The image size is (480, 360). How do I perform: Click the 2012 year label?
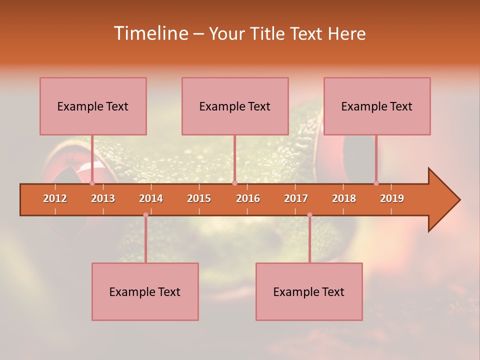pyautogui.click(x=55, y=198)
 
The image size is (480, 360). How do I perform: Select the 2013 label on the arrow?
pyautogui.click(x=103, y=198)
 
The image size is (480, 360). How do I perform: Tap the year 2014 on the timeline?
pyautogui.click(x=151, y=198)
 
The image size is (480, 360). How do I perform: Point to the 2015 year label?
pyautogui.click(x=199, y=198)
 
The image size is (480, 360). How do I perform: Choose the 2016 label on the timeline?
pyautogui.click(x=248, y=198)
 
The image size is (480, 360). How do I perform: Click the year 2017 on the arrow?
pyautogui.click(x=296, y=198)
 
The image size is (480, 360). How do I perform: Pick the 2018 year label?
pyautogui.click(x=344, y=198)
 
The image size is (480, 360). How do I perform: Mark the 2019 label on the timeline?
pyautogui.click(x=392, y=198)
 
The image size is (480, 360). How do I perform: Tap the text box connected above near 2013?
pyautogui.click(x=93, y=106)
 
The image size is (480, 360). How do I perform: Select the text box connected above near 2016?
pyautogui.click(x=235, y=106)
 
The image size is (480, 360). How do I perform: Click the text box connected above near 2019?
pyautogui.click(x=377, y=106)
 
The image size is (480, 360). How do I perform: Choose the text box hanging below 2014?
pyautogui.click(x=145, y=291)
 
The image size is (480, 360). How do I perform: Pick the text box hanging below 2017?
pyautogui.click(x=309, y=291)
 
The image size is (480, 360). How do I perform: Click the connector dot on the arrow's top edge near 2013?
pyautogui.click(x=92, y=183)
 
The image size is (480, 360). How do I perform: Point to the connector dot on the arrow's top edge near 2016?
pyautogui.click(x=234, y=183)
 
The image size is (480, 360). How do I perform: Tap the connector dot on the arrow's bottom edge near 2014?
pyautogui.click(x=145, y=215)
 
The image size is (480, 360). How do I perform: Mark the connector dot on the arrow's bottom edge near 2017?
pyautogui.click(x=309, y=215)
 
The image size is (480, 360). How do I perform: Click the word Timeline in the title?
pyautogui.click(x=150, y=33)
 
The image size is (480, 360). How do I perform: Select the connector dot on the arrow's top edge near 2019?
pyautogui.click(x=376, y=183)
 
